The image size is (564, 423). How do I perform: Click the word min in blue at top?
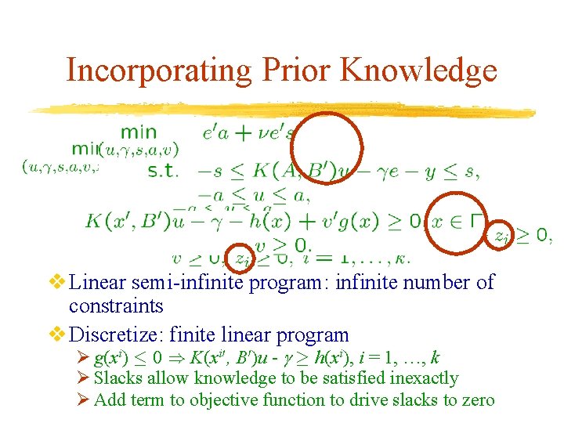[138, 132]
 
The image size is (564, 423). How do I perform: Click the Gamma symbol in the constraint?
[477, 220]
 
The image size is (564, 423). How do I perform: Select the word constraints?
[116, 305]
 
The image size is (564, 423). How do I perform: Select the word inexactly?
[420, 378]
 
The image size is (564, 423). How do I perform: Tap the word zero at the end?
[476, 400]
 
